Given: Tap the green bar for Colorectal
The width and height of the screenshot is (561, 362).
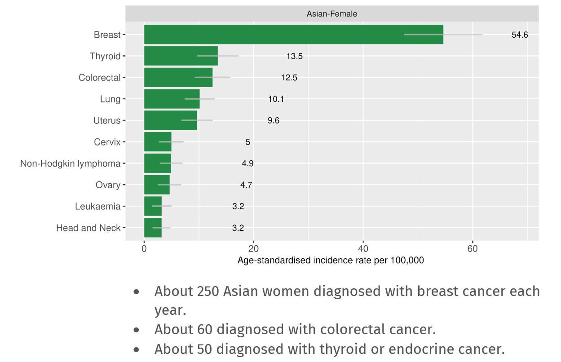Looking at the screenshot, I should coord(178,77).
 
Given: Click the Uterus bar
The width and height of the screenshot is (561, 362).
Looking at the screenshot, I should coord(170,120).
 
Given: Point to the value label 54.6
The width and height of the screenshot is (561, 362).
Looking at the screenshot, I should coord(520,35).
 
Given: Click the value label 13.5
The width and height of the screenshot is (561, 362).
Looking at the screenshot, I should coord(295,56).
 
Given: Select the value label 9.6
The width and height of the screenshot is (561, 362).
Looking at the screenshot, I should coord(273,120).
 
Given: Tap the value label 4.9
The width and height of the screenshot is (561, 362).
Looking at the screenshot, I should coord(247,163).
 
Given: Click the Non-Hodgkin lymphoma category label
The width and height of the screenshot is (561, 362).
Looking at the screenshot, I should coord(70,163).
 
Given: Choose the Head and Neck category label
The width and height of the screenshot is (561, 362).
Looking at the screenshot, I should coord(88,228).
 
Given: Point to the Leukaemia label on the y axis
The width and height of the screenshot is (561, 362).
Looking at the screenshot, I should coord(97,207).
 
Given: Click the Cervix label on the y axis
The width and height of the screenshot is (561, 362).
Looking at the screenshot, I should coord(107,142).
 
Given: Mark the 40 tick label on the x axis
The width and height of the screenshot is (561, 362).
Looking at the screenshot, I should coord(363,249).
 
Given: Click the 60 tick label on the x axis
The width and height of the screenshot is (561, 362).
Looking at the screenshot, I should coord(473,249).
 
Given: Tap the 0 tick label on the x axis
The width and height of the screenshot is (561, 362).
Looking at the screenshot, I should coord(144,249).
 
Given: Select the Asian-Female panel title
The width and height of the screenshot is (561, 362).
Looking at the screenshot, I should coord(332,14).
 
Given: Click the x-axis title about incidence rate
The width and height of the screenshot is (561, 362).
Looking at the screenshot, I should coord(331,260).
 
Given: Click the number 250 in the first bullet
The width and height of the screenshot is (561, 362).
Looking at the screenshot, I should coord(208,291).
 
